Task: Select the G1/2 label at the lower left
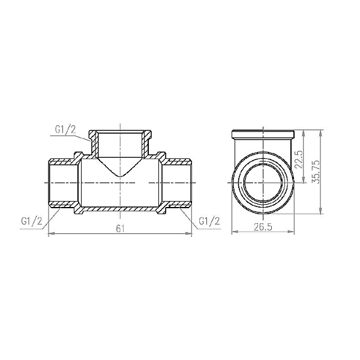pos(31,221)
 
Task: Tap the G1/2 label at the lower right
pos(209,221)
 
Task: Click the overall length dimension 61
pos(120,229)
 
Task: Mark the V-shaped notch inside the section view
pos(120,174)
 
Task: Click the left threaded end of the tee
pos(61,181)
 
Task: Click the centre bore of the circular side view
pos(263,181)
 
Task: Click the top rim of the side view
pos(263,130)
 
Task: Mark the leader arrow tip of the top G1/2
pos(91,137)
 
